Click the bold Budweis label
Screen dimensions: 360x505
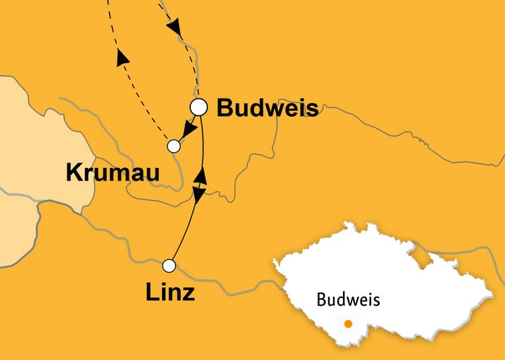click(x=268, y=107)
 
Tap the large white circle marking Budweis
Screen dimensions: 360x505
click(x=199, y=106)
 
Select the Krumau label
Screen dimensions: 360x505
click(x=113, y=173)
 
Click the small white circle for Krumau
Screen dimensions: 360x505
click(x=173, y=145)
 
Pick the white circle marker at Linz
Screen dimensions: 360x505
click(x=169, y=266)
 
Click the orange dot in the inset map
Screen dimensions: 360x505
click(x=348, y=324)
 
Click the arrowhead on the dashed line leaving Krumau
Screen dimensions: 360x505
click(x=122, y=59)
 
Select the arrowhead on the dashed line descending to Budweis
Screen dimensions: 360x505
click(x=174, y=27)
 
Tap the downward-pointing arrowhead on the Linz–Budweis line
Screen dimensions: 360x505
click(x=198, y=193)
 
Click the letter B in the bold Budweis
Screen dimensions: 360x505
click(x=225, y=107)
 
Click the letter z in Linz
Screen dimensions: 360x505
click(x=188, y=293)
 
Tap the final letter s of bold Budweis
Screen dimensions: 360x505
click(x=312, y=109)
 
